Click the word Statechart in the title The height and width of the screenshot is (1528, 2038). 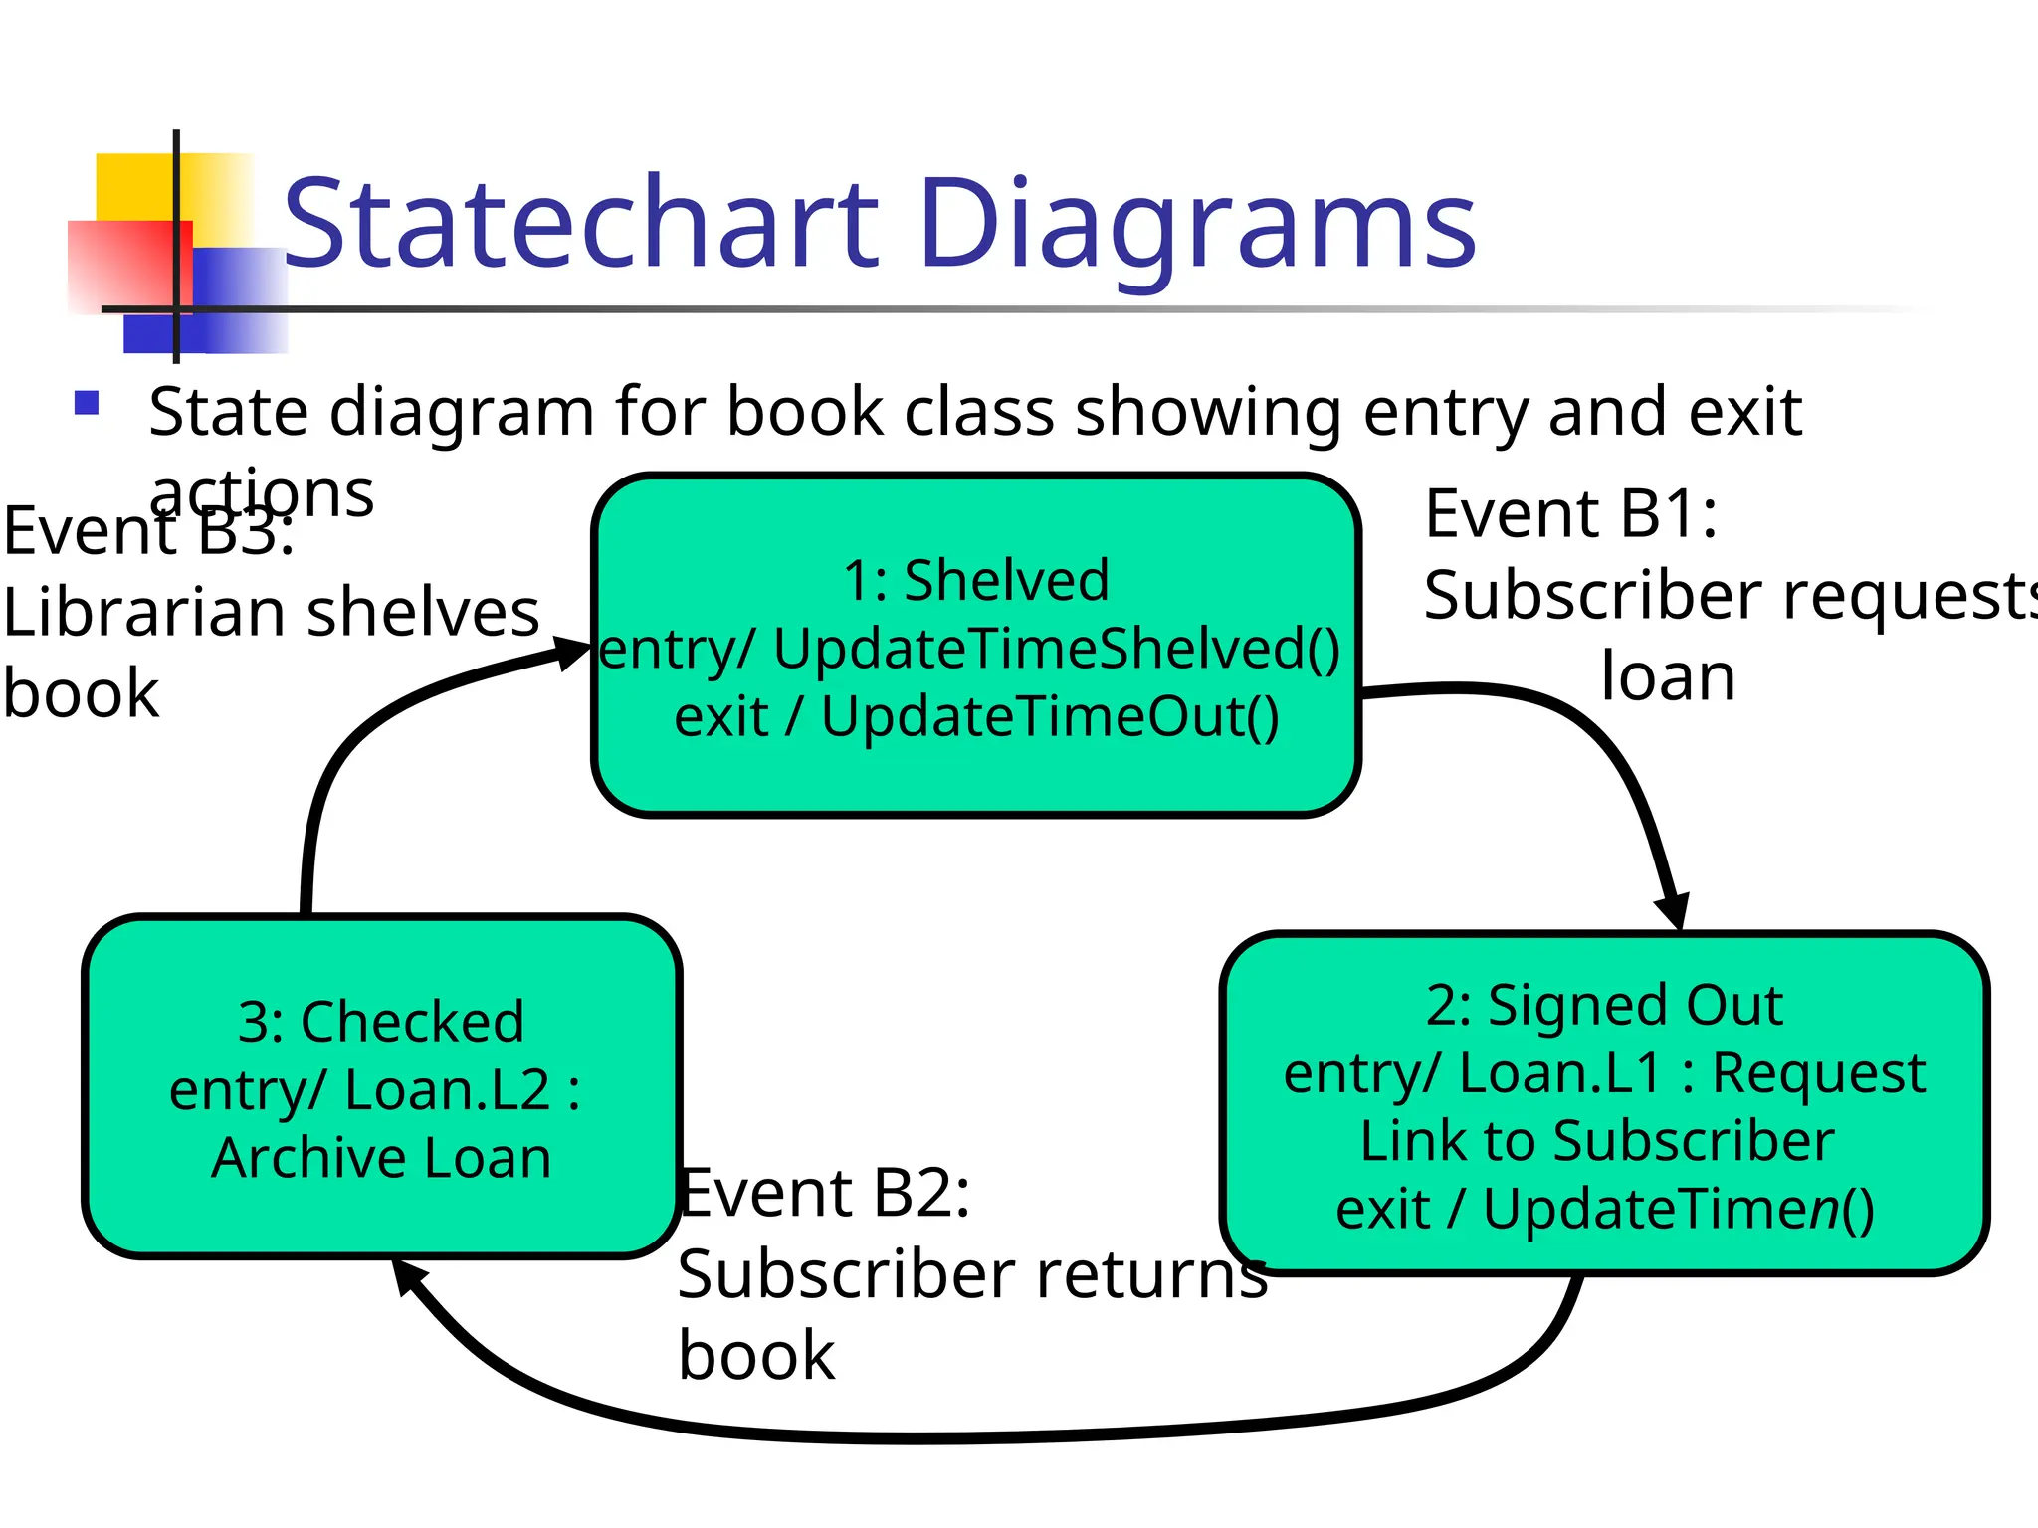581,223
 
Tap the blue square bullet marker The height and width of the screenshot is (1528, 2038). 87,403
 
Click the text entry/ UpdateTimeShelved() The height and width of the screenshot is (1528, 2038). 970,649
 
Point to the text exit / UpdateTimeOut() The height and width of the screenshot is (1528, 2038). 976,716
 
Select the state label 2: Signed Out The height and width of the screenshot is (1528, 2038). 1603,1005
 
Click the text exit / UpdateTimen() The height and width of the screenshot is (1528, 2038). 1604,1209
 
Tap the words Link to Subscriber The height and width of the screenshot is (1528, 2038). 1596,1140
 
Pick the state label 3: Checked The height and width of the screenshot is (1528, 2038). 381,1022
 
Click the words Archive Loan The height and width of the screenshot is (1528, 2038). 381,1158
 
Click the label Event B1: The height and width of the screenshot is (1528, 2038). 1570,514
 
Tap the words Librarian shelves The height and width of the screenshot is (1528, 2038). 271,612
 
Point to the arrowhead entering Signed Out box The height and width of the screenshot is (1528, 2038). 1673,909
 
